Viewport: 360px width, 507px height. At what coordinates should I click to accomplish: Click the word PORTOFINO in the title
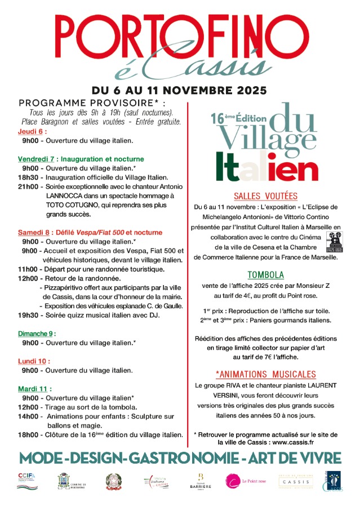180,36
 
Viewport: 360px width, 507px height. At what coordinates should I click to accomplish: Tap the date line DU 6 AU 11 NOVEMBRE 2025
180,91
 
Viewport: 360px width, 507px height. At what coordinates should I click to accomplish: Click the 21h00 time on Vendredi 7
28,186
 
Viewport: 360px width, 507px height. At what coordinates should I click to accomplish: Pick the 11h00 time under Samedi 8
28,269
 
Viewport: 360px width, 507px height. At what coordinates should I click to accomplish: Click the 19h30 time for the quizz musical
28,315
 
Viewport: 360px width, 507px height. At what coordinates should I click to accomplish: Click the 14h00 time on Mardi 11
28,416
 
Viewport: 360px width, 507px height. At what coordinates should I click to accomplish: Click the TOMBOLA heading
265,275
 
